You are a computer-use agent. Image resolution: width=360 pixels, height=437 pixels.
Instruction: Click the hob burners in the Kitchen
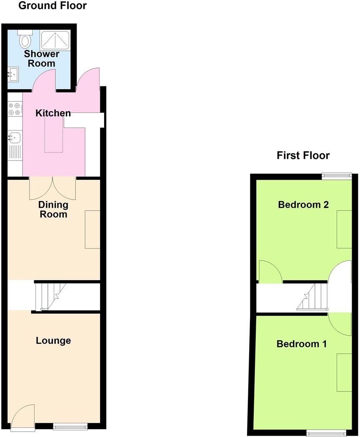point(14,109)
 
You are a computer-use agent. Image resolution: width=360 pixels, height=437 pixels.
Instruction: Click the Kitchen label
point(53,113)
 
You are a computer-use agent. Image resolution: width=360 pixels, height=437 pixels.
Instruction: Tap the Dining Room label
point(53,209)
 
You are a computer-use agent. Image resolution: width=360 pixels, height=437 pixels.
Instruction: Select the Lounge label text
point(53,341)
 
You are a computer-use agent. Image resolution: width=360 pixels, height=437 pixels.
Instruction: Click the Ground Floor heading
point(53,6)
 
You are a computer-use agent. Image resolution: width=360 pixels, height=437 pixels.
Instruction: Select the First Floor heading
point(303,156)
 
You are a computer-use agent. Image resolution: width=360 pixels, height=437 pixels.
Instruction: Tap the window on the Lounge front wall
point(70,426)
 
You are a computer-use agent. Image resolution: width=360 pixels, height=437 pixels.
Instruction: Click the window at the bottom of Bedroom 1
point(326,433)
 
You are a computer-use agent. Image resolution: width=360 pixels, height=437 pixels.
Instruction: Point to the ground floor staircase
point(50,296)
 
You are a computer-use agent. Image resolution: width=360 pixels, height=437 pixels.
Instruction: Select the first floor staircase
point(313,297)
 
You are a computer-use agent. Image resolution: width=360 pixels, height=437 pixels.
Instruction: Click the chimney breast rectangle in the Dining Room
point(92,230)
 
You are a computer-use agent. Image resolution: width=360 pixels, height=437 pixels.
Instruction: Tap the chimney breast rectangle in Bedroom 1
point(344,372)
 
